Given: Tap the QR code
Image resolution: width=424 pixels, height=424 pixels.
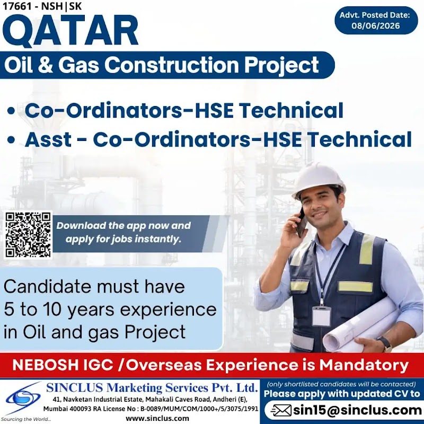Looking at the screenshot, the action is point(29,234).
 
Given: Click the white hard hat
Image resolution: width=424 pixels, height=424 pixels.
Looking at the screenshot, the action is point(319,179).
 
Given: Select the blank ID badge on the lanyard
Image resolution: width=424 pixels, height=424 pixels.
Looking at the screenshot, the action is point(321,316).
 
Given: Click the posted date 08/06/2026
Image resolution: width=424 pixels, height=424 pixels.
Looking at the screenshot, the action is point(376,25).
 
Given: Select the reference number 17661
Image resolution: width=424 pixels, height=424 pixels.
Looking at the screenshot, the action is point(16,6).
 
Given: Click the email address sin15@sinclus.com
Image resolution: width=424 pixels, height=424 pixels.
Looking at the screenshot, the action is point(357,410).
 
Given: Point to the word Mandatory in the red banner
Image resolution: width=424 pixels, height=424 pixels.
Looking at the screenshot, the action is point(364,366).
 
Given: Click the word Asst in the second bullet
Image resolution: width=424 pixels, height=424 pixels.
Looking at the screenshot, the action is point(48,139).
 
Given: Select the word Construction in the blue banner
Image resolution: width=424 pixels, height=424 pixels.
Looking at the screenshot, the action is point(172,65).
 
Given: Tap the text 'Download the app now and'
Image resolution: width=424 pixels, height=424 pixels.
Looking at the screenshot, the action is point(123,226).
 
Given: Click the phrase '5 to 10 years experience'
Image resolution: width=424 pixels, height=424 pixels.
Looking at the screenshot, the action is point(110,310).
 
